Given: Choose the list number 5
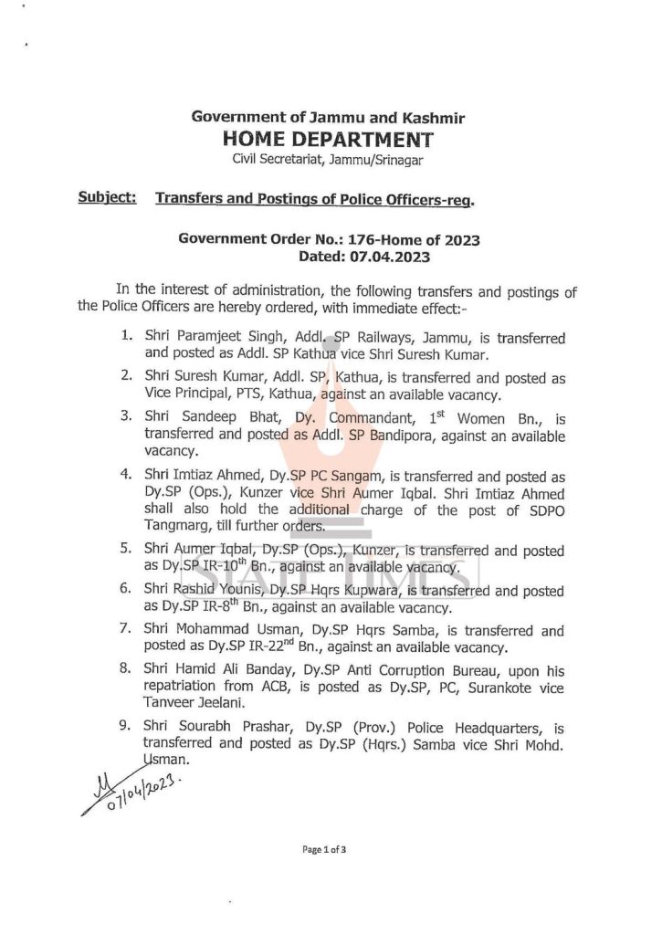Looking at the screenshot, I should pos(126,551).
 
